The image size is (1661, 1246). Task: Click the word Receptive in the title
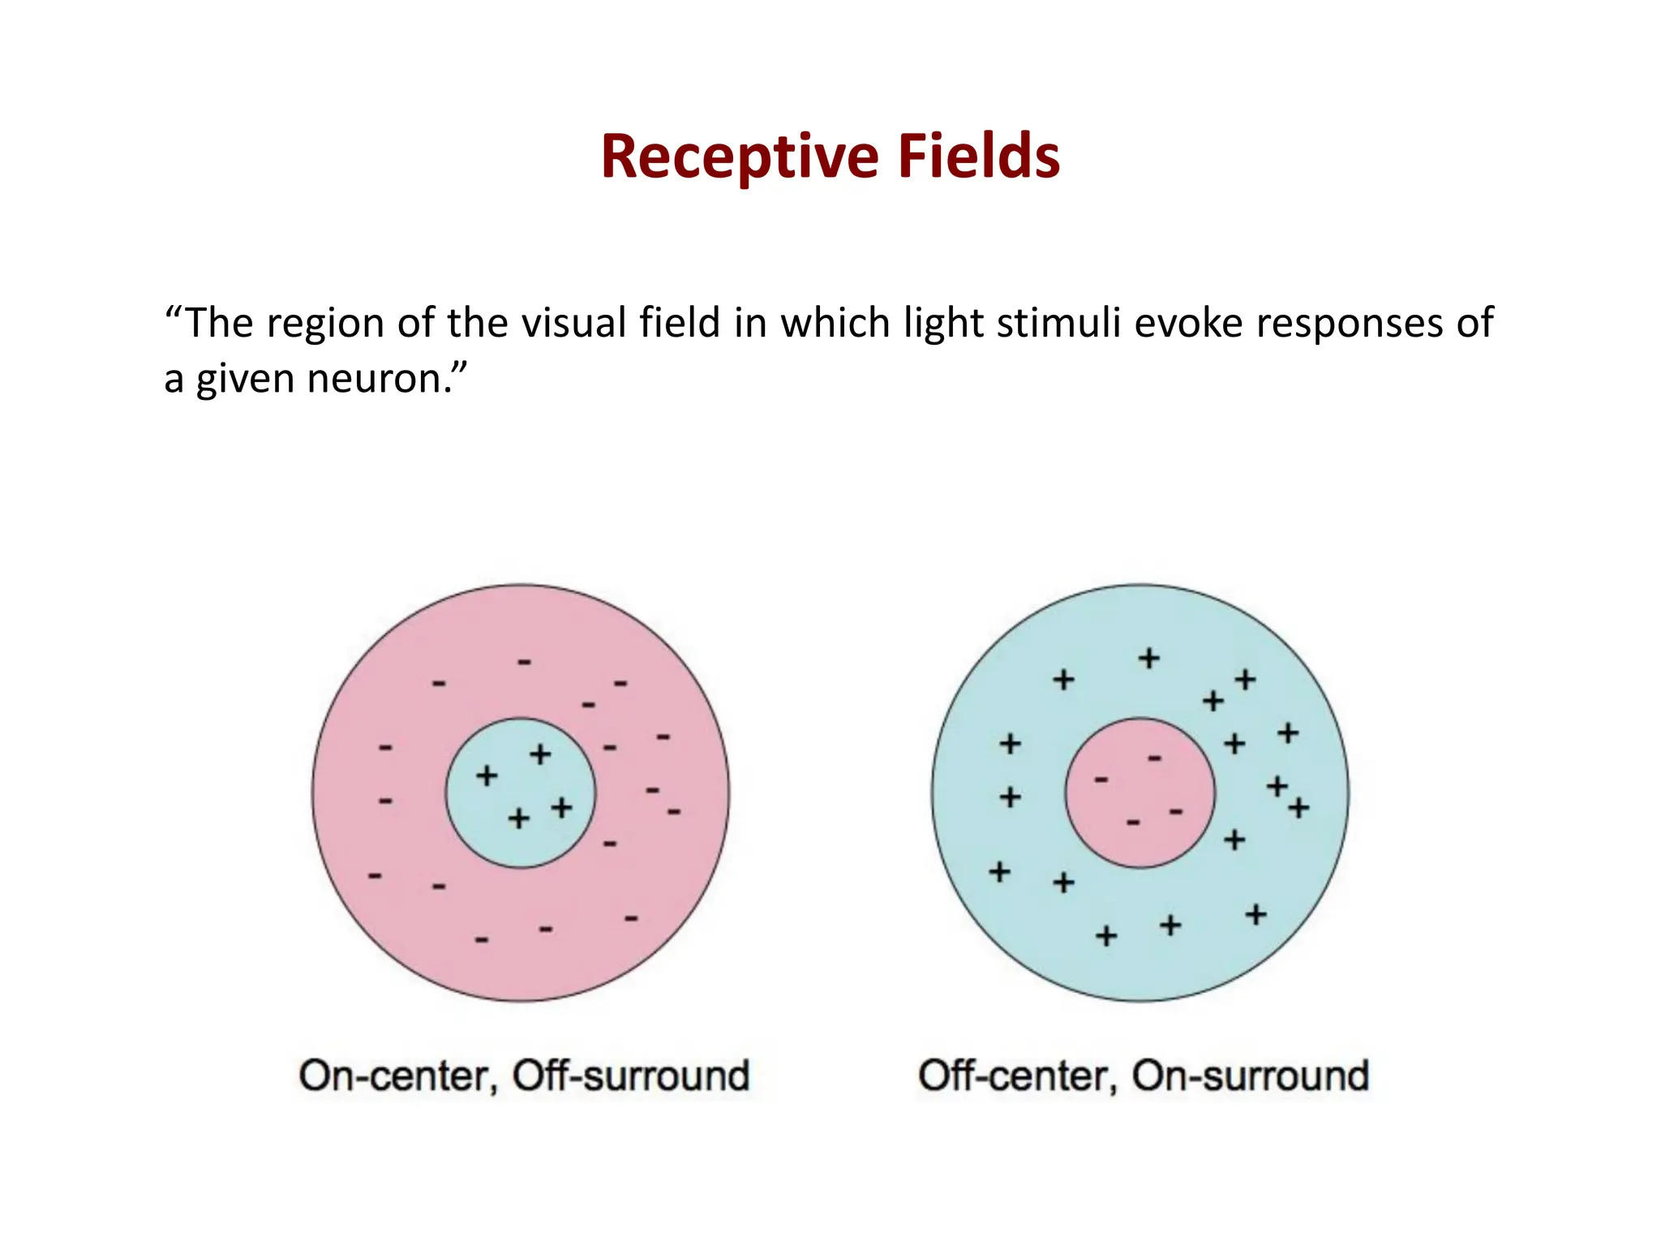(x=739, y=157)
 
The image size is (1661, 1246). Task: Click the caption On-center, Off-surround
(x=524, y=1076)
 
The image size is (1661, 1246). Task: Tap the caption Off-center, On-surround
(x=1144, y=1076)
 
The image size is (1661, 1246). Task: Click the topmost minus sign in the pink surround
(x=525, y=663)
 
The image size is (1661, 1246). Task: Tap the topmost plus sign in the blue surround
(x=1148, y=658)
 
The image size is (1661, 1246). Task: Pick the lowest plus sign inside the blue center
(x=519, y=818)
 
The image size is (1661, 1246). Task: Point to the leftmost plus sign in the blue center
(x=487, y=776)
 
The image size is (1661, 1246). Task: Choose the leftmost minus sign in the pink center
(x=1101, y=780)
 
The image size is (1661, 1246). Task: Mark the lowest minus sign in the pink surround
(x=482, y=940)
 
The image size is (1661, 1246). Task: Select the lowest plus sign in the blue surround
(x=1106, y=936)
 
